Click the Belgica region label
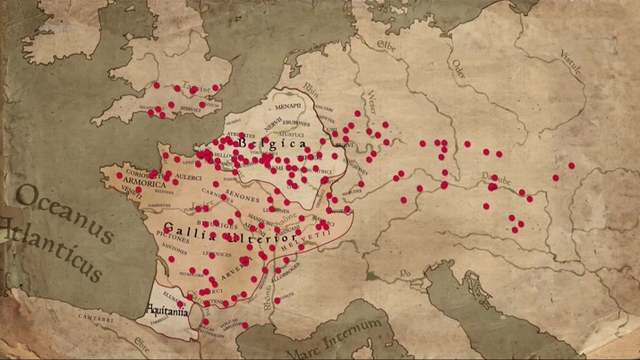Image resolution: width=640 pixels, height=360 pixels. point(273,143)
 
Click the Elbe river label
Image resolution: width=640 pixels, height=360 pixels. point(387,44)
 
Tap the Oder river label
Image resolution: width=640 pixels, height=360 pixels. point(458,66)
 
